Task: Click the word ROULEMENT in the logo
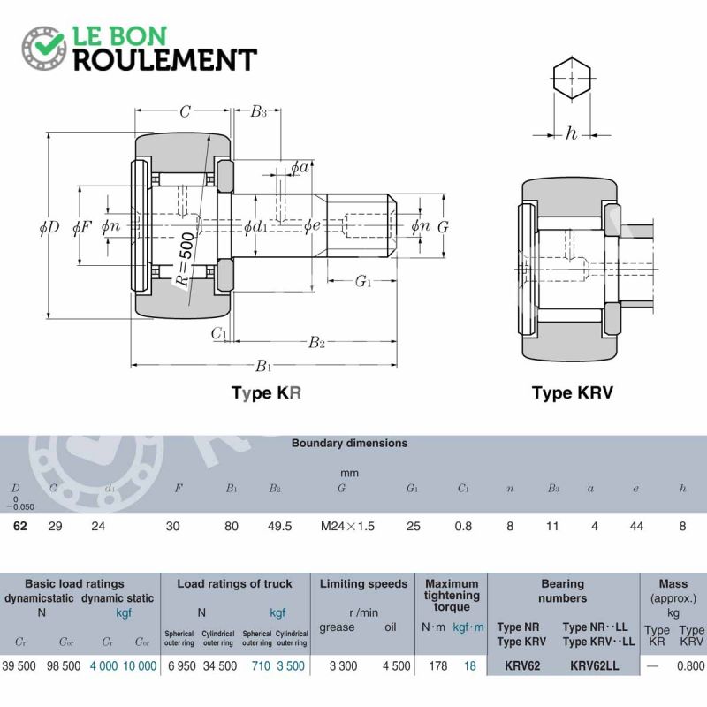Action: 164,60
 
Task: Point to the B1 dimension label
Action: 263,367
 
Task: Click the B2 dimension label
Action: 315,343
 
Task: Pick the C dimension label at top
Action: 185,111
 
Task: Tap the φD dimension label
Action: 49,228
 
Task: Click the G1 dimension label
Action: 363,282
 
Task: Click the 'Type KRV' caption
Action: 572,393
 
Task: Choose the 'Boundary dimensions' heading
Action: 349,443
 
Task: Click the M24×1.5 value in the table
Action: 347,526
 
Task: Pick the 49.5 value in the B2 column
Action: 279,526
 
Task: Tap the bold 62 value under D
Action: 19,526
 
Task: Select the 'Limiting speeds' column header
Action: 364,584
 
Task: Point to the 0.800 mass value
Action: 691,665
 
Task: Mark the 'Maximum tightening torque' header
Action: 451,595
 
